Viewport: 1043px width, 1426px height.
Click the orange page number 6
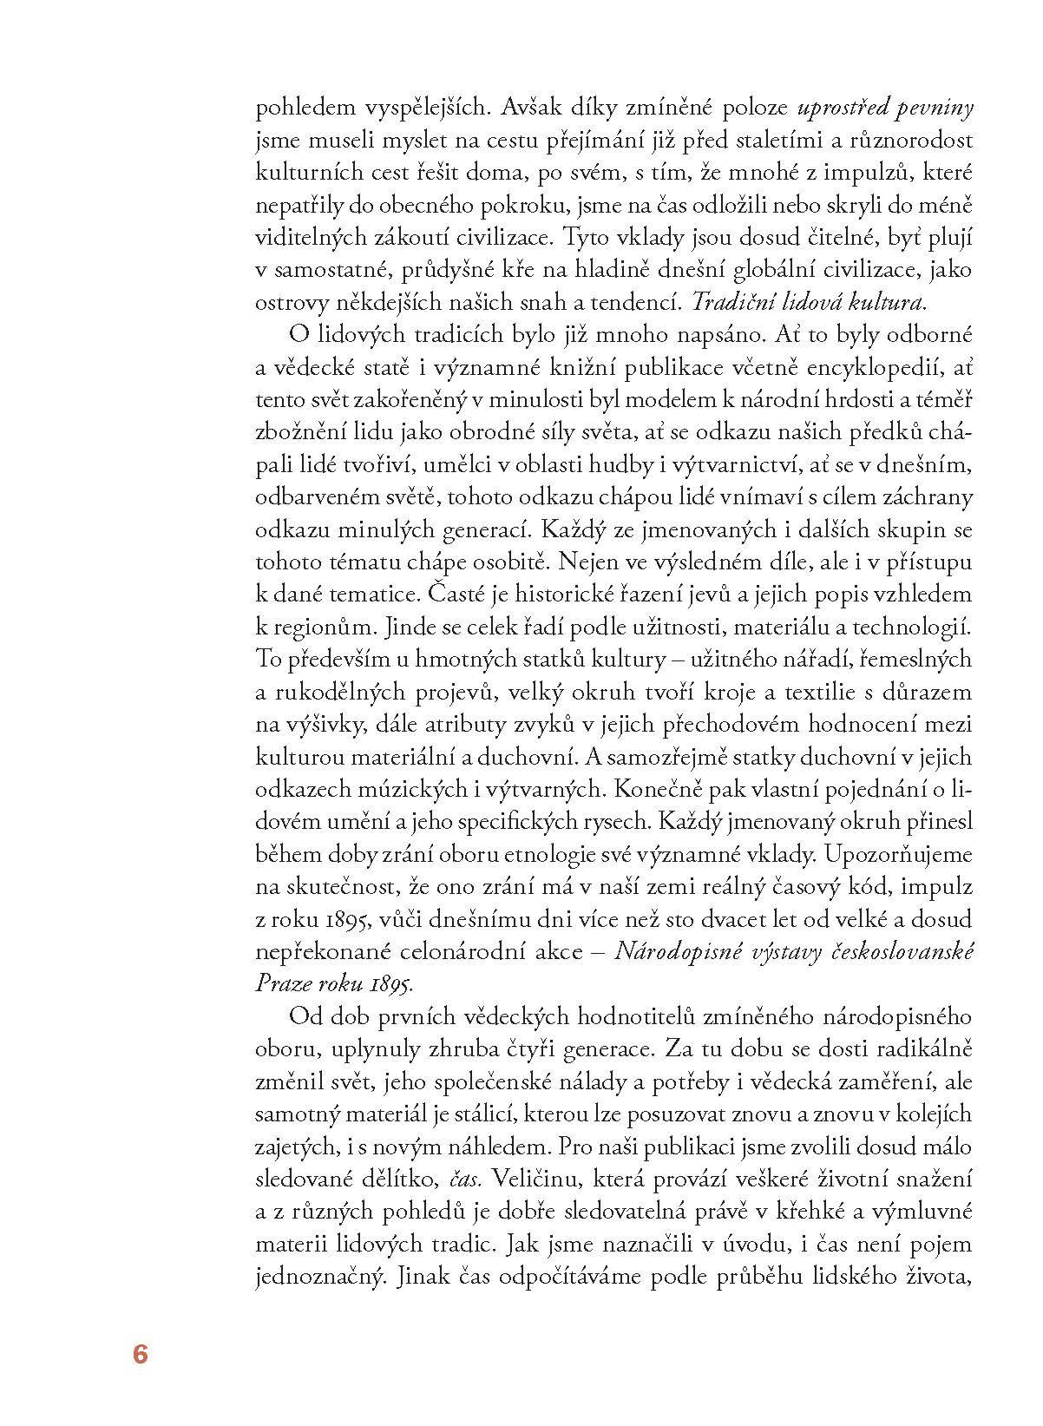(x=141, y=1354)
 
